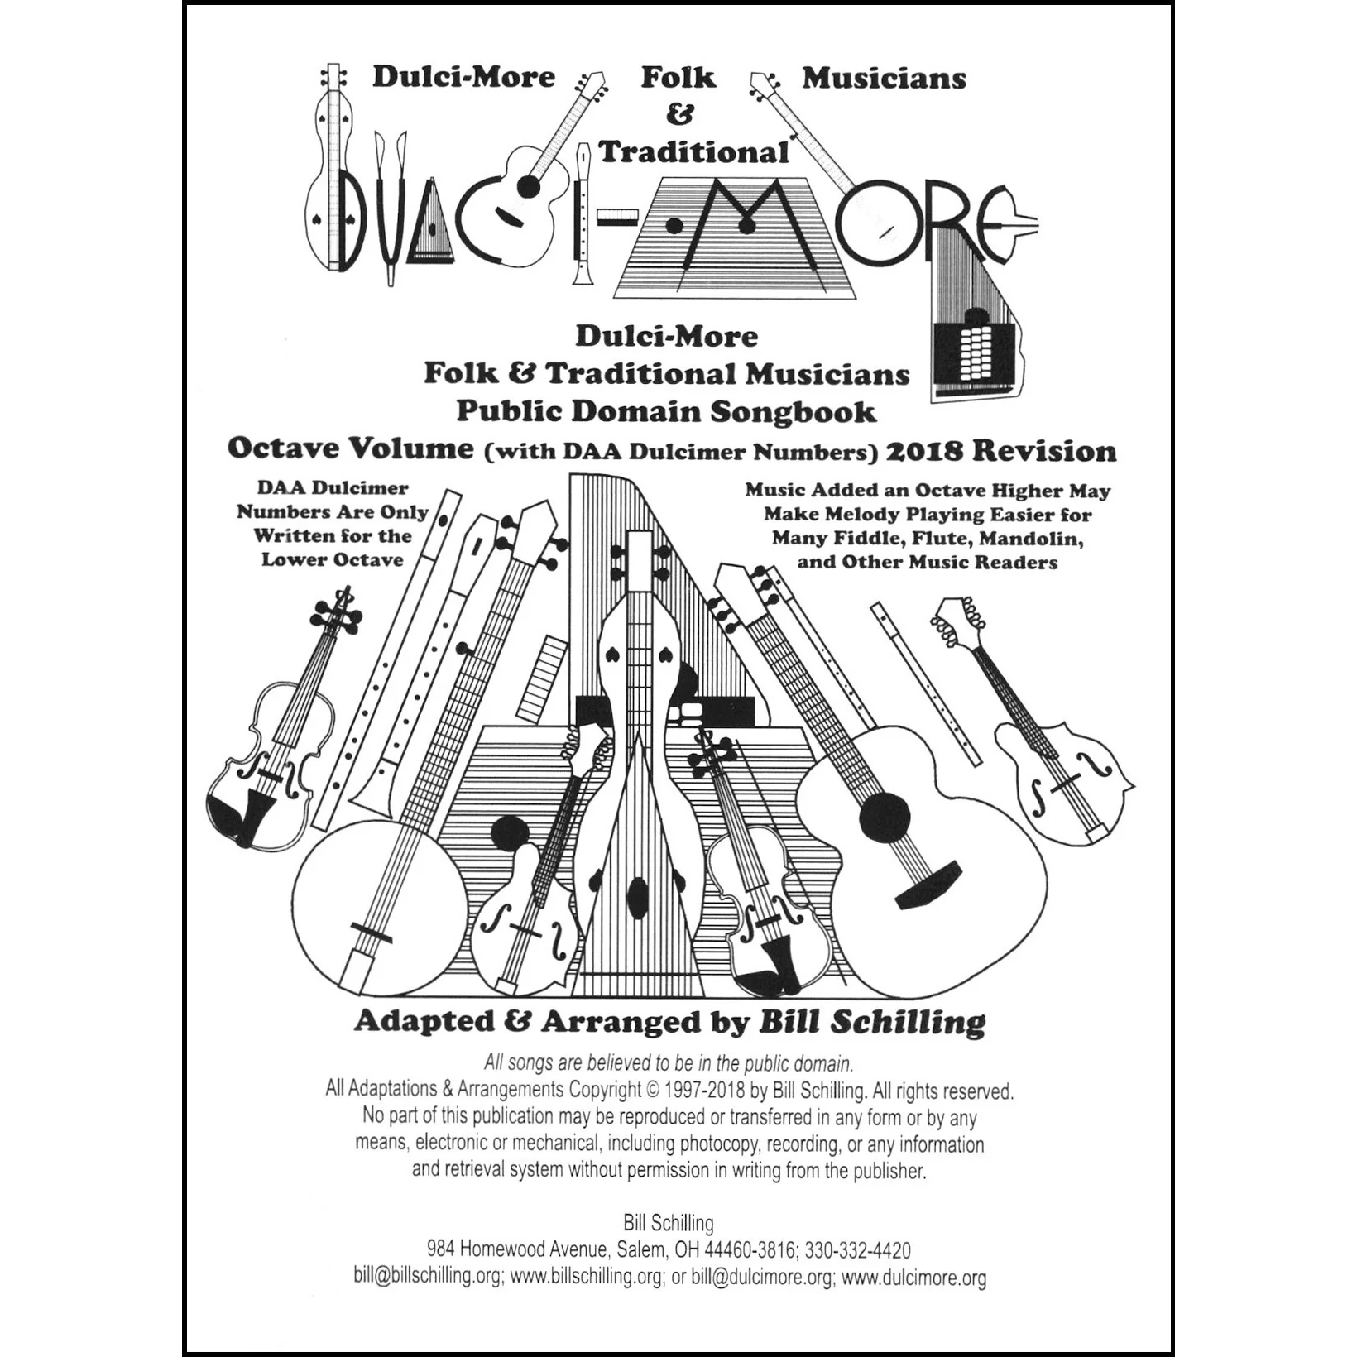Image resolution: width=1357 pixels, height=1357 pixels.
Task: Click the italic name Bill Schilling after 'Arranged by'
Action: [x=872, y=1022]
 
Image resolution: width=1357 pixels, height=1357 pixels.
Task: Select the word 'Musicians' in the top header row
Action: [x=884, y=78]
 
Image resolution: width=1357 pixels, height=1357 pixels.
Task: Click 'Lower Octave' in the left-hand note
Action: [x=333, y=559]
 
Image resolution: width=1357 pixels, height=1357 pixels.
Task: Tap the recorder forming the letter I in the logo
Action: [x=584, y=215]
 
